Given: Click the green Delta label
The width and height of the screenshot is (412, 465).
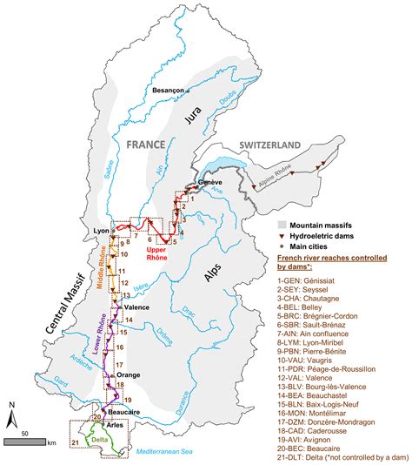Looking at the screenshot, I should coord(101,440).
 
